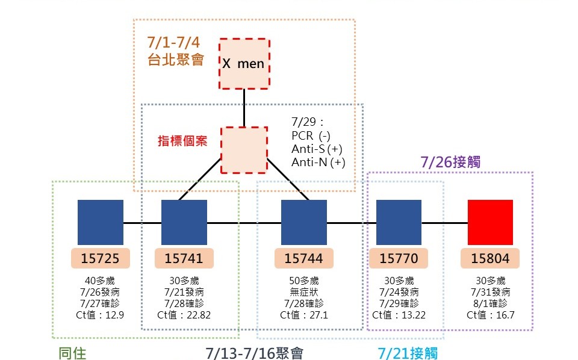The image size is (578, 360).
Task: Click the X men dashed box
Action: pyautogui.click(x=244, y=63)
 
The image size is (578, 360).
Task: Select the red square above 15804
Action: pyautogui.click(x=490, y=222)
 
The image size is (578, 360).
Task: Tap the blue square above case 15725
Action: pyautogui.click(x=101, y=222)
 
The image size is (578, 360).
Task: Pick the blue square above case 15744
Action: pyautogui.click(x=304, y=222)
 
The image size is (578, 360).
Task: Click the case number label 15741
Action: pyautogui.click(x=184, y=259)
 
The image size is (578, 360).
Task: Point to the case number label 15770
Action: pyautogui.click(x=399, y=259)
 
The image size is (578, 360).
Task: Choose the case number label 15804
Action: pyautogui.click(x=490, y=259)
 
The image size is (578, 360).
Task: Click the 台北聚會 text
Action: pyautogui.click(x=175, y=60)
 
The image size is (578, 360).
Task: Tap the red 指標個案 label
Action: pyautogui.click(x=182, y=141)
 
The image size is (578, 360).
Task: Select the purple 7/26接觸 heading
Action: pyautogui.click(x=450, y=162)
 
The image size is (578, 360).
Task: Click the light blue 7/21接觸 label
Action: pyautogui.click(x=408, y=353)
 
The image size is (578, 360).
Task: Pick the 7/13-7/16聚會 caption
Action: pyautogui.click(x=254, y=353)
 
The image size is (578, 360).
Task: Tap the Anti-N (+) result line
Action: pyautogui.click(x=319, y=162)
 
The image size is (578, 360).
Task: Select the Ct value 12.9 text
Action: pyautogui.click(x=101, y=315)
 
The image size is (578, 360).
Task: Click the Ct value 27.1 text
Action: pyautogui.click(x=304, y=315)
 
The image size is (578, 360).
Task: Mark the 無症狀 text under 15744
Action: pyautogui.click(x=304, y=292)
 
